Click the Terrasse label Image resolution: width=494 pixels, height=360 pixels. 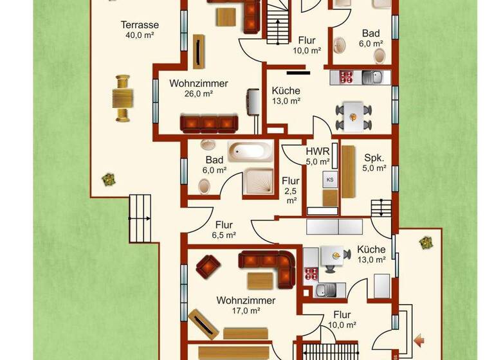click(x=140, y=25)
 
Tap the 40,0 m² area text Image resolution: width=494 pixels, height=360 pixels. click(x=140, y=35)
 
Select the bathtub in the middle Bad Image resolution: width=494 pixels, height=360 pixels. click(x=244, y=151)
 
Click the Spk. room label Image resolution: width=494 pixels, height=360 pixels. click(x=374, y=157)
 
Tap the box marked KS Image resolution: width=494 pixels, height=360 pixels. click(x=330, y=179)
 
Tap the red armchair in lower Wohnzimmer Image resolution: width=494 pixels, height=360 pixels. click(x=208, y=264)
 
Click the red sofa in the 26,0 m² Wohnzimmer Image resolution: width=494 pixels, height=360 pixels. click(x=208, y=123)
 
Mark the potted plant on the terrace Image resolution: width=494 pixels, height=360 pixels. click(x=108, y=179)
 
